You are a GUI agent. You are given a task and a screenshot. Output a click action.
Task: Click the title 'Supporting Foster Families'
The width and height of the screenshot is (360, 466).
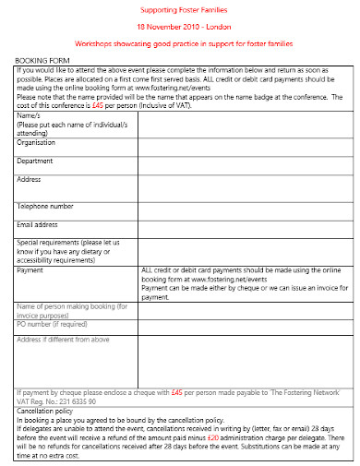pos(180,8)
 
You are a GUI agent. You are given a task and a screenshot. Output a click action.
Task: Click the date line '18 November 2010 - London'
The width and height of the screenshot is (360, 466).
pos(180,27)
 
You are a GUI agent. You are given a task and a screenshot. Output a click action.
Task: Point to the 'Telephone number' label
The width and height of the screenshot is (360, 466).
pos(46,206)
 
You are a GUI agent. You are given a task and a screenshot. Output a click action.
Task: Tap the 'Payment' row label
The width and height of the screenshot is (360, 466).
pos(30,270)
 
